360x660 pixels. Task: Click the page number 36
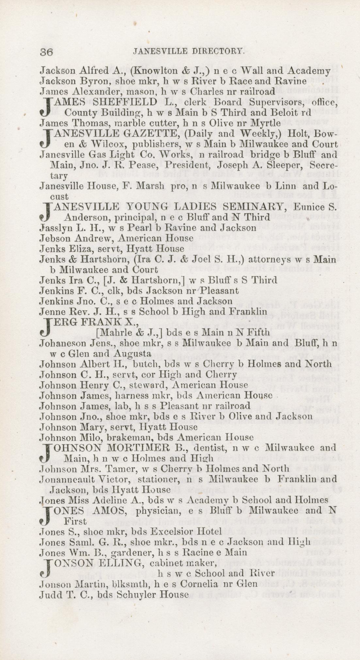pyautogui.click(x=46, y=52)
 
